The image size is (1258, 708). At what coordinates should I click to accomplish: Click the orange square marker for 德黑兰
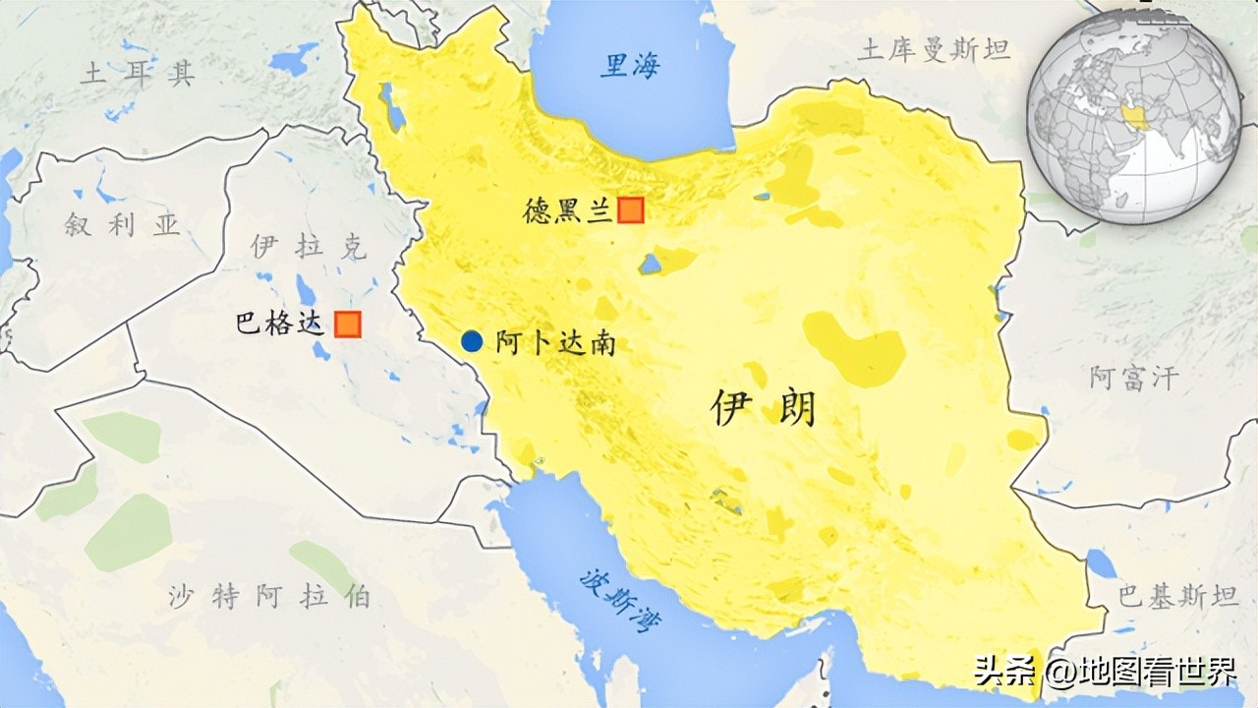pyautogui.click(x=630, y=209)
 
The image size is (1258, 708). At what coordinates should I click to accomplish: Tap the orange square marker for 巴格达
pyautogui.click(x=347, y=324)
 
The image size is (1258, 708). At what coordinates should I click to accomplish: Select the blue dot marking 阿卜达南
pyautogui.click(x=473, y=341)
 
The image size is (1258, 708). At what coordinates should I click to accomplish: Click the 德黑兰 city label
pyautogui.click(x=568, y=210)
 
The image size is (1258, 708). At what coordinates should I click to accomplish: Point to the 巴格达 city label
pyautogui.click(x=280, y=324)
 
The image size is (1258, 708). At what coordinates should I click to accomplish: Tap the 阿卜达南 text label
pyautogui.click(x=555, y=343)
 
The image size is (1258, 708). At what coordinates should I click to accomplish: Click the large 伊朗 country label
pyautogui.click(x=764, y=407)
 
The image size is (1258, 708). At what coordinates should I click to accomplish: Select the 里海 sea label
pyautogui.click(x=631, y=66)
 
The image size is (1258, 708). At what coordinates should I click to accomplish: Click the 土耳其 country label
pyautogui.click(x=139, y=74)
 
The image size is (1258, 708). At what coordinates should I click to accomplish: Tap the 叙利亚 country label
pyautogui.click(x=123, y=225)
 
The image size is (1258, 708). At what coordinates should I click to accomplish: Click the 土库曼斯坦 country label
pyautogui.click(x=934, y=50)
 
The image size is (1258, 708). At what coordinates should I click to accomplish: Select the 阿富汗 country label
pyautogui.click(x=1133, y=378)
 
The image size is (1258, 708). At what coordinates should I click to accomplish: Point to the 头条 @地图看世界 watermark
pyautogui.click(x=1105, y=674)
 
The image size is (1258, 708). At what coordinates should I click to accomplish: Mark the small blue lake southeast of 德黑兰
pyautogui.click(x=649, y=264)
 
